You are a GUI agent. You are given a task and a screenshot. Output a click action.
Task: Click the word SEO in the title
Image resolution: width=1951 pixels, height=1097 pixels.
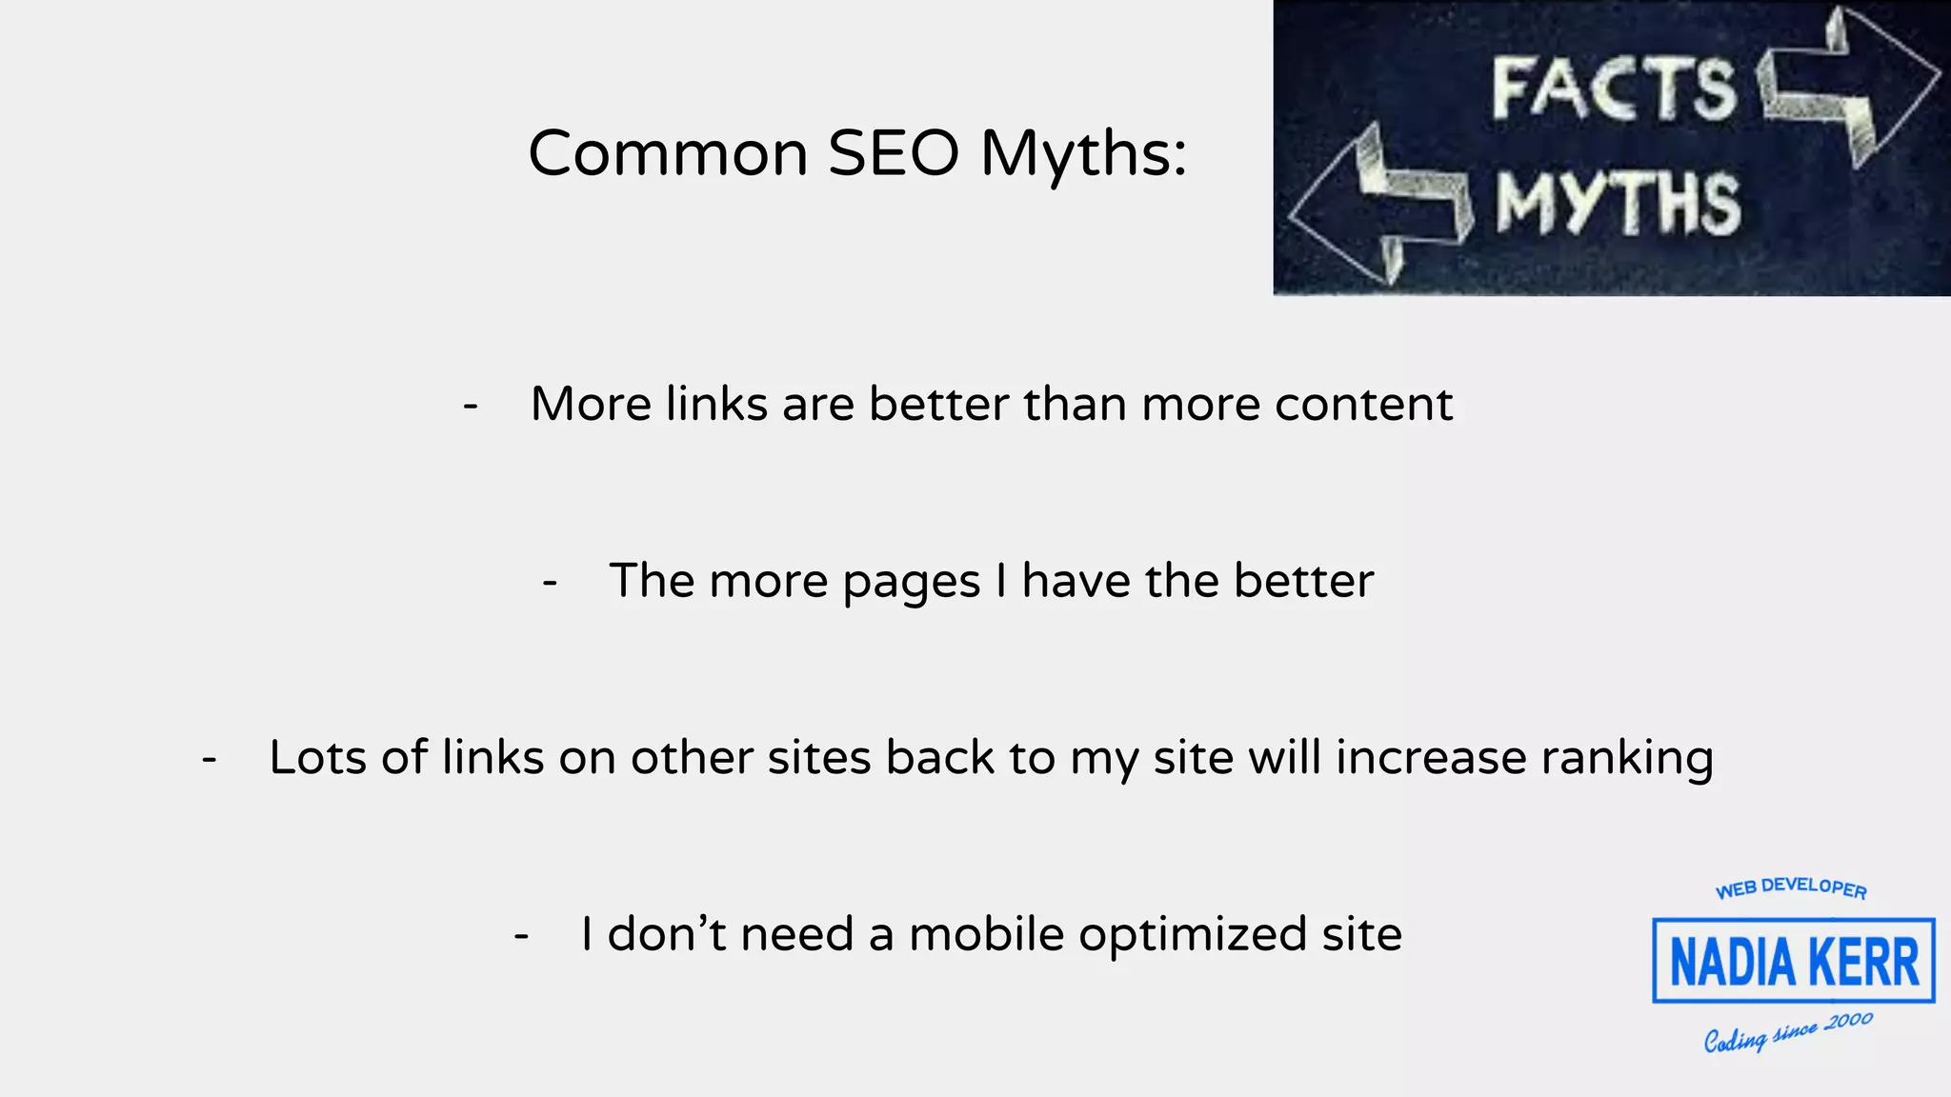pyautogui.click(x=893, y=153)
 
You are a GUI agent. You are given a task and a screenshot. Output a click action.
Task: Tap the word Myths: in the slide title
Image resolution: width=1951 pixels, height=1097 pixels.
pyautogui.click(x=1084, y=155)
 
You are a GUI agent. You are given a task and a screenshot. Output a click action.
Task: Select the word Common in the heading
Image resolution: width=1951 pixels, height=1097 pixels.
pyautogui.click(x=668, y=153)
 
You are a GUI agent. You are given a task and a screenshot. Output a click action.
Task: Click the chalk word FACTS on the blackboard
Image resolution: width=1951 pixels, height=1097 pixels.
pyautogui.click(x=1614, y=89)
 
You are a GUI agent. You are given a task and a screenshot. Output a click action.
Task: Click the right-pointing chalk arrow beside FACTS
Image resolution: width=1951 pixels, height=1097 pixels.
pyautogui.click(x=1848, y=86)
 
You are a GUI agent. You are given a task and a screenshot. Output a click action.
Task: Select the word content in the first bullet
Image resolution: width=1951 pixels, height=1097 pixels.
pyautogui.click(x=1363, y=404)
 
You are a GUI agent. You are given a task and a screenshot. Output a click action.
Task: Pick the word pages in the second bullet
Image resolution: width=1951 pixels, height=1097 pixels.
pyautogui.click(x=911, y=582)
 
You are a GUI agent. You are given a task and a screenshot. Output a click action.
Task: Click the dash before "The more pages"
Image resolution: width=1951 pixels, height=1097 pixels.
pyautogui.click(x=550, y=581)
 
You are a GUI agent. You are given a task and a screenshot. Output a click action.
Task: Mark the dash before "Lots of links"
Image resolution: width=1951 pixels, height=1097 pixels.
pyautogui.click(x=210, y=759)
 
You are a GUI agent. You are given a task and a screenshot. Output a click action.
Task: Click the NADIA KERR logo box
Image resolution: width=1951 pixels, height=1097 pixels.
pyautogui.click(x=1793, y=961)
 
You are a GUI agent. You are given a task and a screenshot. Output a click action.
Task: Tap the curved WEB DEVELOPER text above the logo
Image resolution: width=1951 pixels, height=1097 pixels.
pyautogui.click(x=1791, y=888)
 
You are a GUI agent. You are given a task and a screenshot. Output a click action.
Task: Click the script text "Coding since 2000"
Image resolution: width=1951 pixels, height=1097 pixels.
pyautogui.click(x=1788, y=1032)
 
